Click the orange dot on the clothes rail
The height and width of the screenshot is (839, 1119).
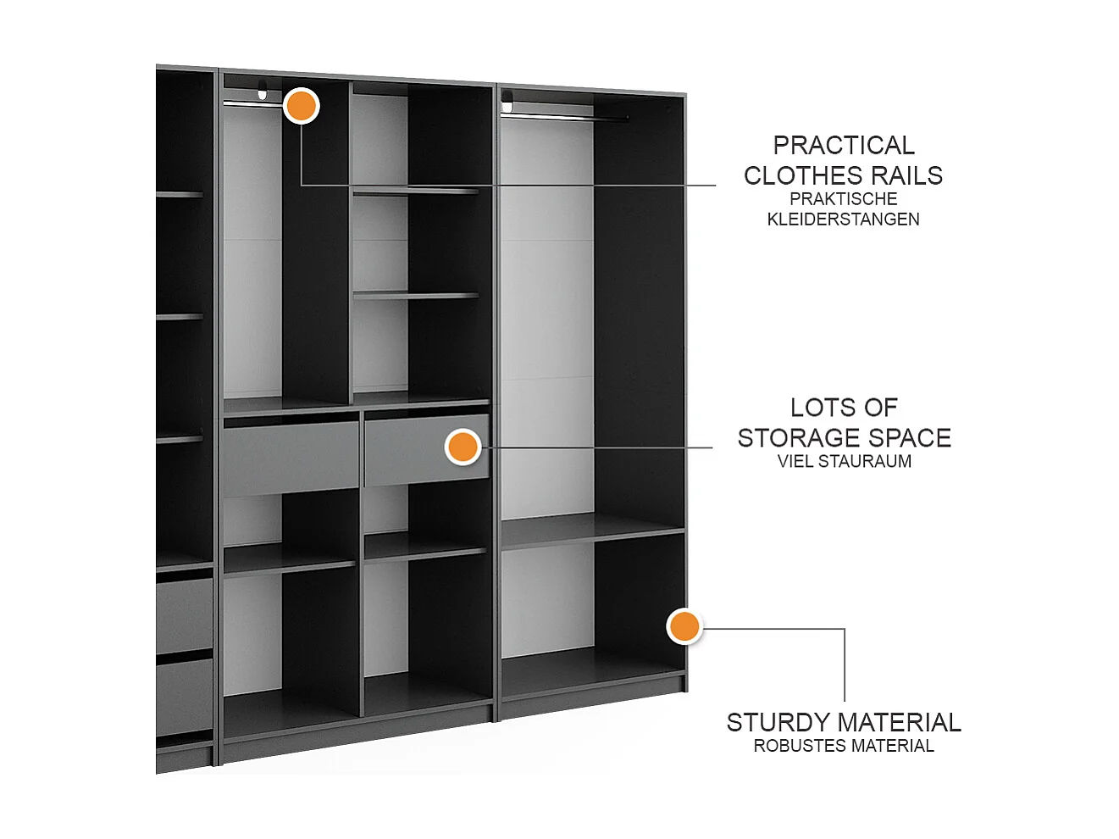tap(301, 106)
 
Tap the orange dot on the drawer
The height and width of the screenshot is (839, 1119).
tap(463, 447)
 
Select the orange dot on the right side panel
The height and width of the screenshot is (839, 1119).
tap(684, 626)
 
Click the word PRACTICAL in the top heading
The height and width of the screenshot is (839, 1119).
tap(844, 146)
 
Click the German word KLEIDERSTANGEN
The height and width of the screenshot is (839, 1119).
tap(843, 219)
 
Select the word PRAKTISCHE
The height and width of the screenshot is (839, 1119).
tap(843, 199)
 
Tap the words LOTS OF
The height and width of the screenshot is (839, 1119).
tap(844, 408)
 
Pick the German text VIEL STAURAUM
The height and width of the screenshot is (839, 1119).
tap(844, 462)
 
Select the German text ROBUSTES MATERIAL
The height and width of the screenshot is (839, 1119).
tap(844, 747)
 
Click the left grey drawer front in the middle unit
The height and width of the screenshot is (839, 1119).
tap(291, 456)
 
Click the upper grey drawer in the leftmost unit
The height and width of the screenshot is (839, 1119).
tap(184, 614)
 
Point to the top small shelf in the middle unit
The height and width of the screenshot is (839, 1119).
tap(415, 192)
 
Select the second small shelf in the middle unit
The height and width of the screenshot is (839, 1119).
tap(415, 296)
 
